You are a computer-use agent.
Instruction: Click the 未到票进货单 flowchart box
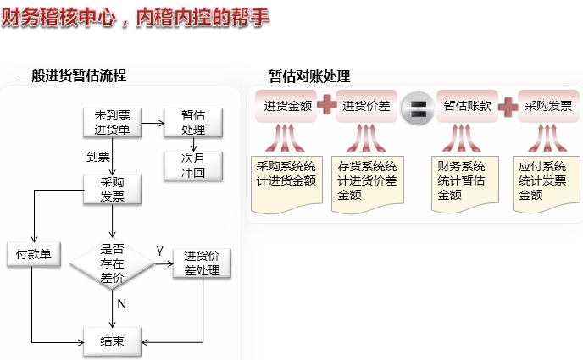click(112, 122)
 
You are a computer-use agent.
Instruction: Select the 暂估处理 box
click(193, 122)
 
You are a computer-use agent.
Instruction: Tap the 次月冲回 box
click(193, 165)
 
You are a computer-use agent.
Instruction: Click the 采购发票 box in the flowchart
click(112, 189)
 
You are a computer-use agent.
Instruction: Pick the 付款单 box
click(33, 254)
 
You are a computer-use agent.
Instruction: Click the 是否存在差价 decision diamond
click(112, 263)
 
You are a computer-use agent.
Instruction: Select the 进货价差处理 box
click(202, 263)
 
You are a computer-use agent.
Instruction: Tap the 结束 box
click(112, 341)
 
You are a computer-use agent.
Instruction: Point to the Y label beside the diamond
click(159, 252)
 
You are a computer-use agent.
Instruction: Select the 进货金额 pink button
click(287, 107)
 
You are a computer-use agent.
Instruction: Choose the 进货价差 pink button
click(366, 107)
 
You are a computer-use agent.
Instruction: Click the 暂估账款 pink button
click(467, 107)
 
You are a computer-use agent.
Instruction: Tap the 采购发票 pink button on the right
click(548, 107)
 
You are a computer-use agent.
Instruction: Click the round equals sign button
click(417, 108)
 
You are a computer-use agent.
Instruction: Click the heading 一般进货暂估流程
click(72, 75)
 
